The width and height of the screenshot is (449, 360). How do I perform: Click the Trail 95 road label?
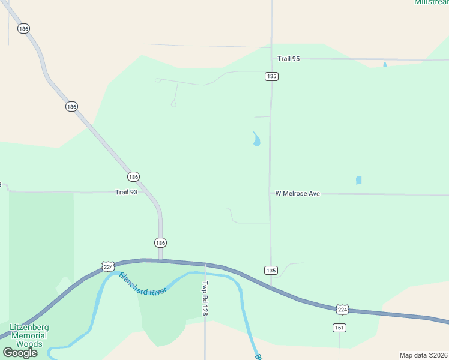pos(288,59)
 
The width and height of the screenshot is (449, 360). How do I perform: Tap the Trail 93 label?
pos(127,192)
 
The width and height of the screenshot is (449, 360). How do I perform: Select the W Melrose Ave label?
pos(298,193)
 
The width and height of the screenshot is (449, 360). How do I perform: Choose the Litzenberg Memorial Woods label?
pos(29,335)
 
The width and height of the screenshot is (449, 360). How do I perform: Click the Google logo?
pos(20,353)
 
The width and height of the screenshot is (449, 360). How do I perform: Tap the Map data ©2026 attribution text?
pos(424,355)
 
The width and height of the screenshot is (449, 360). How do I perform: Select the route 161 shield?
pos(339,328)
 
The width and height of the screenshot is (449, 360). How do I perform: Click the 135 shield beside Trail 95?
pos(272,76)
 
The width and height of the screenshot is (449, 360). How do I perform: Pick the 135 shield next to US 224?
pos(271,270)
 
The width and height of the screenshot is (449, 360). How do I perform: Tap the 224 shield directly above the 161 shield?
pos(342,309)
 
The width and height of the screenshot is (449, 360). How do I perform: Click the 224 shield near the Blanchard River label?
pos(108,266)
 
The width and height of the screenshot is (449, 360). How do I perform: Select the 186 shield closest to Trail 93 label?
pos(133,176)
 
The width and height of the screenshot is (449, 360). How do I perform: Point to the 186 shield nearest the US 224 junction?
pos(160,242)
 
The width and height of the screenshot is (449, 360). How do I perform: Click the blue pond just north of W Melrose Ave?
pos(359,180)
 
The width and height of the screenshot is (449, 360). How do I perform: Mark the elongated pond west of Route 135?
pos(257,140)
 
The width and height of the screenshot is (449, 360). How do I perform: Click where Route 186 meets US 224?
pos(160,260)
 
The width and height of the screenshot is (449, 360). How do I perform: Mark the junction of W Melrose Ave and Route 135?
pos(270,193)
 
